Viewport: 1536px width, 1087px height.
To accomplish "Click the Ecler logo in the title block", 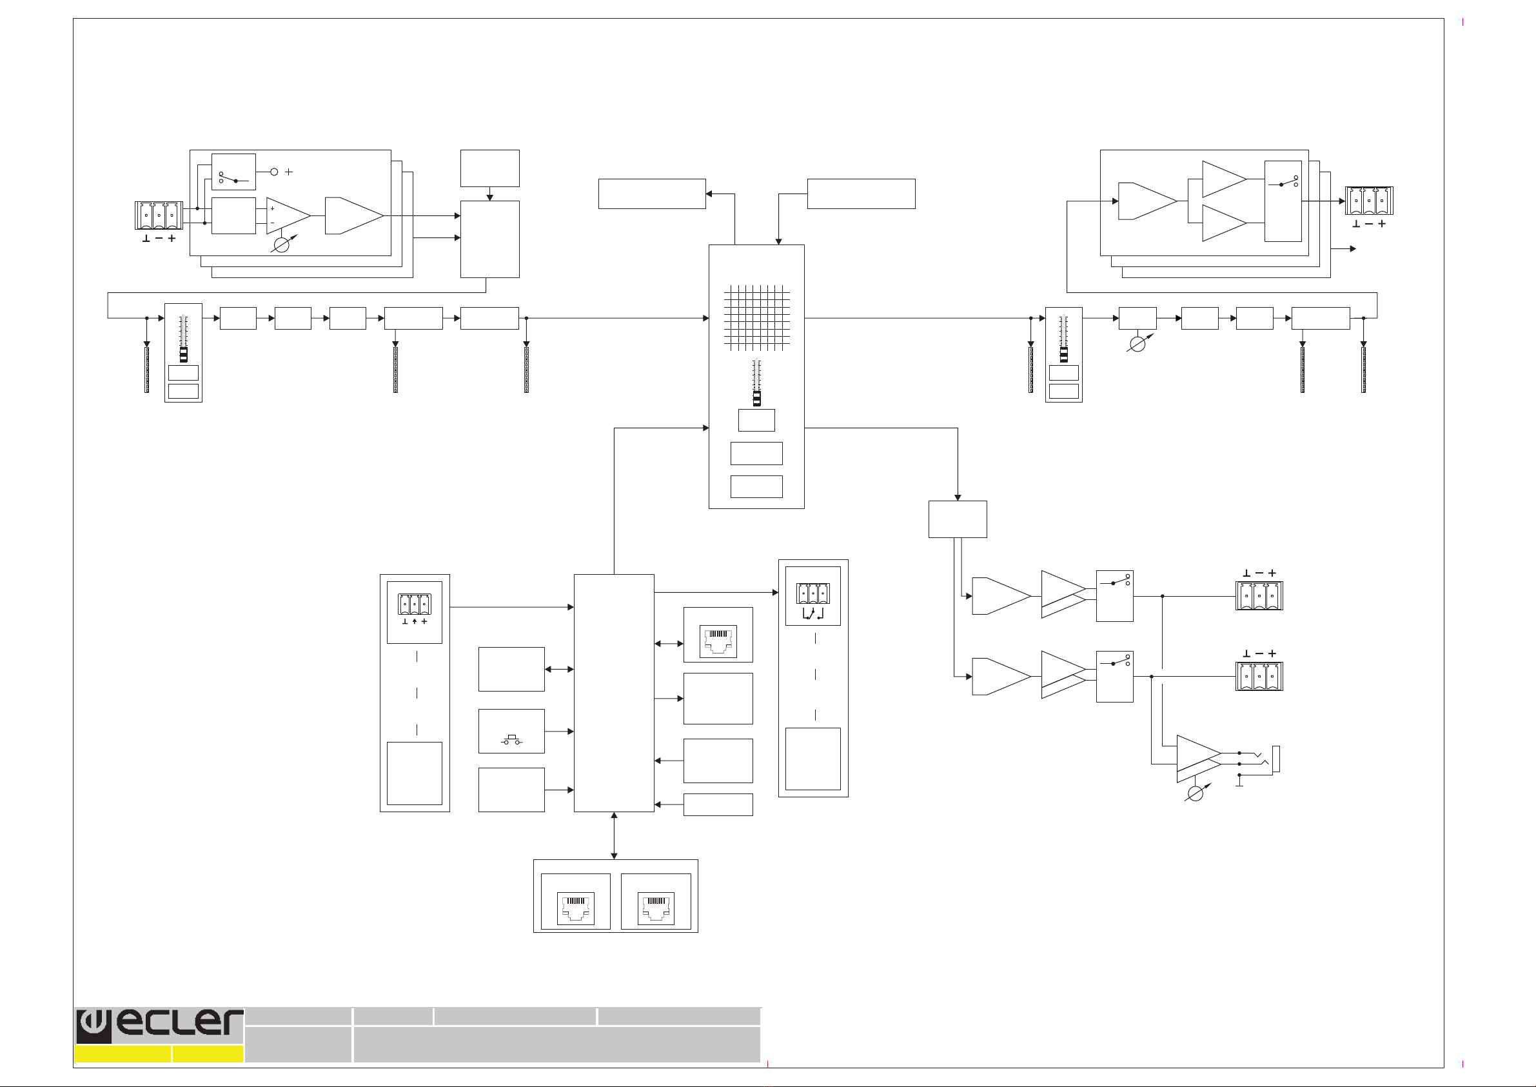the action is click(x=159, y=1026).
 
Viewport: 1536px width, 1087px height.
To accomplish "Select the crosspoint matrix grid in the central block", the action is click(x=756, y=318).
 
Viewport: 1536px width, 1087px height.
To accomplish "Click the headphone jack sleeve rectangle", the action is click(x=1275, y=759).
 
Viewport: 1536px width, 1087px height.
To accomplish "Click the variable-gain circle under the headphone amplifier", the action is click(x=1195, y=794).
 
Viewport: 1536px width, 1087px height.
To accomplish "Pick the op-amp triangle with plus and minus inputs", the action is click(x=288, y=215).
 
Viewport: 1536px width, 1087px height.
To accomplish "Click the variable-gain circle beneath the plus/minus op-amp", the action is click(x=282, y=245).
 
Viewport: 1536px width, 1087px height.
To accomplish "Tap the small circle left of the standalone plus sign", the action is click(x=273, y=172).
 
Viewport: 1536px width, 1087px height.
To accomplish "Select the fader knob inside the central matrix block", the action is click(x=756, y=398).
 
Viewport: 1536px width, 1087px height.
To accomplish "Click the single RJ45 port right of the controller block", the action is click(x=718, y=641).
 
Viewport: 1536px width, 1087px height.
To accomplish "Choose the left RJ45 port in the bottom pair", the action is click(x=575, y=908).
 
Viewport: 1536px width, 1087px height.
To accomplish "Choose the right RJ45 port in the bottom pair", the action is click(x=656, y=908).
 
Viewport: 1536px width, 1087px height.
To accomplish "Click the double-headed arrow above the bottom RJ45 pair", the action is click(x=614, y=836).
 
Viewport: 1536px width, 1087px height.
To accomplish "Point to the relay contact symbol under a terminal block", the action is click(x=813, y=613).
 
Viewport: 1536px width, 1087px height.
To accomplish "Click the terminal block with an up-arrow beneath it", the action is click(x=415, y=604).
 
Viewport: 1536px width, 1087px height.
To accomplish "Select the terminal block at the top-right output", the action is click(x=1370, y=201).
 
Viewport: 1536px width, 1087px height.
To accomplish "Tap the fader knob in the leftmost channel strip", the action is click(x=183, y=355).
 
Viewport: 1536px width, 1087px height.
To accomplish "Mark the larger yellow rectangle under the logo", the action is click(x=123, y=1054).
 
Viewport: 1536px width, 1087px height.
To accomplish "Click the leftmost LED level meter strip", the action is click(x=146, y=370).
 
